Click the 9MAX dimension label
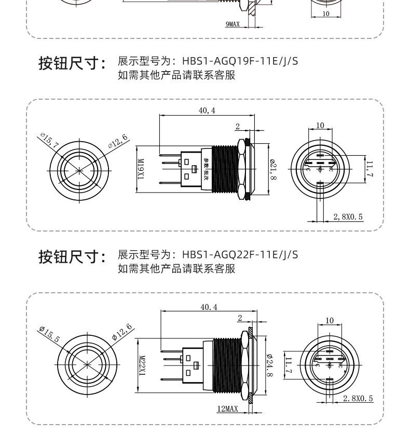pos(232,24)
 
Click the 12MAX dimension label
pos(227,409)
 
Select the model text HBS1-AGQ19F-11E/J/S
pos(240,61)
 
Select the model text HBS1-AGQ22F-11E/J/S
pos(240,254)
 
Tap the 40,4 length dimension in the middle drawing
pos(207,111)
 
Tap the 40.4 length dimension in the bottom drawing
pos(209,307)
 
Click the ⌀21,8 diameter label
pos(273,170)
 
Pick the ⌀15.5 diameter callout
pos(49,334)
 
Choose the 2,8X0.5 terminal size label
pos(348,216)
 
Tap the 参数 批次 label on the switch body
pos(206,170)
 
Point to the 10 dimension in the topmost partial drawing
pos(325,14)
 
